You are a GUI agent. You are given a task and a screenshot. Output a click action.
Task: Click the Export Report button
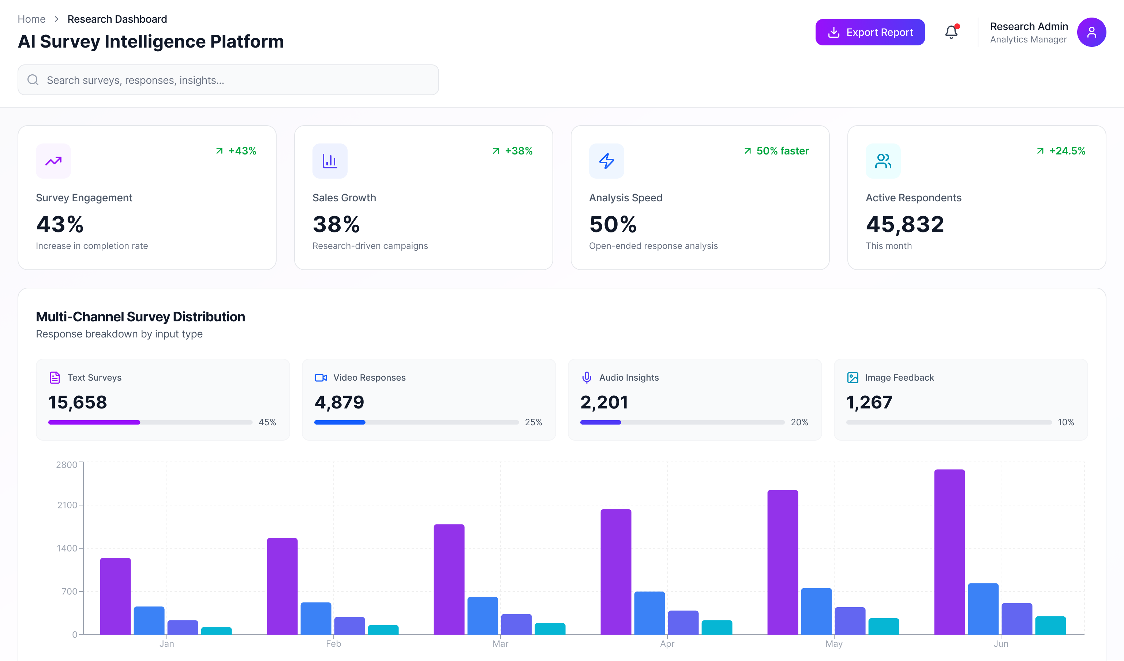870,32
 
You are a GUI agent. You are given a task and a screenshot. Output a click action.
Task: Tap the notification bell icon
951,32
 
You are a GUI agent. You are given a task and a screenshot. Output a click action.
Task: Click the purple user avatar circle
1091,32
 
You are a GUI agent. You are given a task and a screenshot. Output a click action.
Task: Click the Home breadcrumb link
31,19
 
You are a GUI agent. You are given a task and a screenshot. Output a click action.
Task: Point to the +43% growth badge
236,151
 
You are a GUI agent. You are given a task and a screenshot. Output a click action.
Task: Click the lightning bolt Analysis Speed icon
606,161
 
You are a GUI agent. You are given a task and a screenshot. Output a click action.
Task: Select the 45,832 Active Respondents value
904,224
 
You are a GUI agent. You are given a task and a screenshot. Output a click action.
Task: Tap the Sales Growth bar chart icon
330,161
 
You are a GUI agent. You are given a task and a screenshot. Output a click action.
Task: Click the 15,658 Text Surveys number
78,402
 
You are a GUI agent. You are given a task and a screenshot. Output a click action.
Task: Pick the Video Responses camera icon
321,378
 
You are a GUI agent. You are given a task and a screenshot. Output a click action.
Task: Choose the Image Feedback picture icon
853,378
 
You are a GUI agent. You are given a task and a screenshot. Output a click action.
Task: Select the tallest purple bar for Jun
949,552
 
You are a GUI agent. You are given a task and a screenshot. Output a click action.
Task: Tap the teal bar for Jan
216,630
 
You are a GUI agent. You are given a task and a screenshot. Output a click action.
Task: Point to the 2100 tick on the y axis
67,505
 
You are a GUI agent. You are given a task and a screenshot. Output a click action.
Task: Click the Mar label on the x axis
500,643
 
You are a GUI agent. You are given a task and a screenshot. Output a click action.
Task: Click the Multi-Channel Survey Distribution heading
140,317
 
